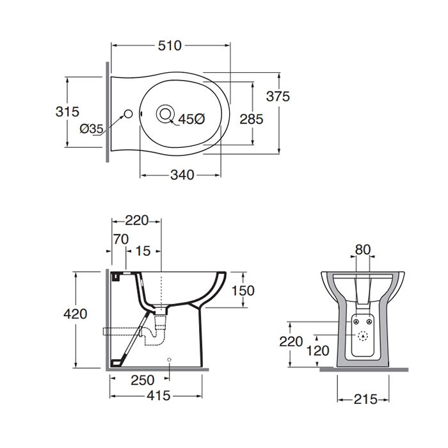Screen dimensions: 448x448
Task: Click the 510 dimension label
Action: coord(170,45)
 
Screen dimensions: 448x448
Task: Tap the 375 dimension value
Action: coord(278,96)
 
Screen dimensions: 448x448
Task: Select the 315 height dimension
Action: coord(67,111)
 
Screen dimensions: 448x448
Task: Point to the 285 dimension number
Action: coord(251,119)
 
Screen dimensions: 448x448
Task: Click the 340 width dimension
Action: coord(182,175)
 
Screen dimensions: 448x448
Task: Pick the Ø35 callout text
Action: coord(92,129)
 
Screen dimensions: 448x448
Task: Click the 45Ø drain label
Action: coord(192,119)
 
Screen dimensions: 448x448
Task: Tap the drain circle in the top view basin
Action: coord(165,113)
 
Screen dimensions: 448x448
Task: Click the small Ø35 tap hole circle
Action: coord(128,114)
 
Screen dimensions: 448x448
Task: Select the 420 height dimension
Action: coord(75,314)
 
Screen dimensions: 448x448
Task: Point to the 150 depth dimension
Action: coord(243,291)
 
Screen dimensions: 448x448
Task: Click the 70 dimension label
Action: coord(121,239)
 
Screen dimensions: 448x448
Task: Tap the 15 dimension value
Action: coord(143,251)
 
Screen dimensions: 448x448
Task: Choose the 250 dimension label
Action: coord(142,380)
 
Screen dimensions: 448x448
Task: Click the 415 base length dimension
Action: coord(158,396)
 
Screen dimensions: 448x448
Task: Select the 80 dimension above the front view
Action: coord(363,250)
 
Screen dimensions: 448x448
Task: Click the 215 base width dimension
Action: coord(365,399)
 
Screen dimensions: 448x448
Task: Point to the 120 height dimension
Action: coord(317,350)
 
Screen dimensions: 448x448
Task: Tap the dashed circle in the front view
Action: coord(363,336)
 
